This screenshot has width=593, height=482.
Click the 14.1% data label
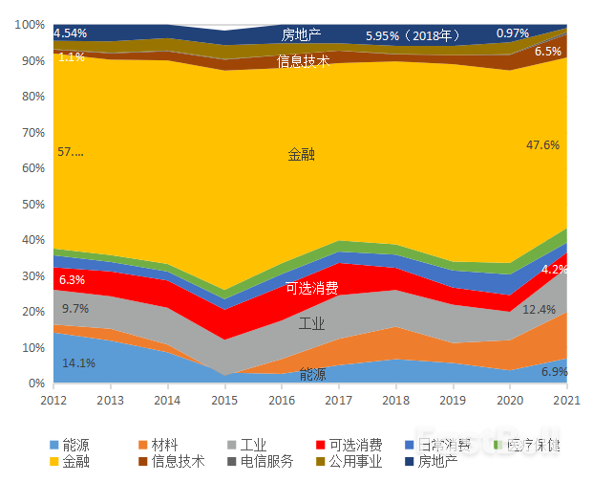point(78,363)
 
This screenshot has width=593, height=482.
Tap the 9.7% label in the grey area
point(74,309)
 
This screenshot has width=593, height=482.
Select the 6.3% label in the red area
point(72,280)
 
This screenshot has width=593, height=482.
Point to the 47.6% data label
point(542,145)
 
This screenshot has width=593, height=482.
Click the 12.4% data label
point(539,309)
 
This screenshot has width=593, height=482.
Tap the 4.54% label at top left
point(71,33)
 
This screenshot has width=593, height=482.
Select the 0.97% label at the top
point(513,33)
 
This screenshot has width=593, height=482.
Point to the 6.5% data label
point(548,52)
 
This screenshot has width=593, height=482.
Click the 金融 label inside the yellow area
point(301,154)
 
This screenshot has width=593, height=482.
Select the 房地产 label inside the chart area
point(301,35)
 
